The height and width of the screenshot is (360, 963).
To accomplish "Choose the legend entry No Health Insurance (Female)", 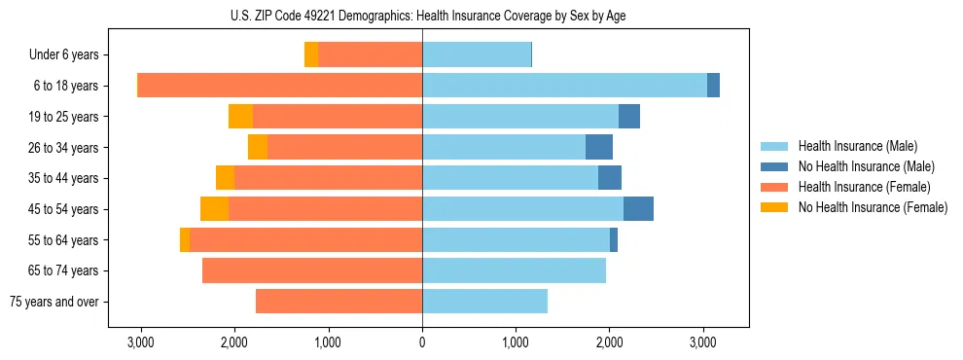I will point(873,207).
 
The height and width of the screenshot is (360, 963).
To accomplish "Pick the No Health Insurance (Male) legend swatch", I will point(775,167).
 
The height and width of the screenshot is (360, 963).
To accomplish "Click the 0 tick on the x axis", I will point(422,342).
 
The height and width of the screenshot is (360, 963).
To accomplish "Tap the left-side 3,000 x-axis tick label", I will point(141,342).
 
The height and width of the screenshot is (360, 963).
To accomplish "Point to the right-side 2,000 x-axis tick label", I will point(610,342).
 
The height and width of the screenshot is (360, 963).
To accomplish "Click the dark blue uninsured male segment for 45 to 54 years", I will point(638,209).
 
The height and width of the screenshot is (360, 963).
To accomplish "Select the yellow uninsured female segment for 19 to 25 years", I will point(240,117).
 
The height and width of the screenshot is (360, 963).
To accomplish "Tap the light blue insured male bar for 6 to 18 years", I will point(564,86).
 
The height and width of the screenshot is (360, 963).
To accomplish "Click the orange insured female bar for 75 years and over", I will point(339,302).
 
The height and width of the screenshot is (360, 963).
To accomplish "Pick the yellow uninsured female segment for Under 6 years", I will point(311,55).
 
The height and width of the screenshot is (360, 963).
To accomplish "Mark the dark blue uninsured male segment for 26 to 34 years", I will point(599,147).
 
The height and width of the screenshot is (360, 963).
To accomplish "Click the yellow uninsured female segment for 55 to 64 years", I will point(185,240).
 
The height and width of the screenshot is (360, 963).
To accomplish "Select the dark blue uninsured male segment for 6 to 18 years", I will point(713,86).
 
